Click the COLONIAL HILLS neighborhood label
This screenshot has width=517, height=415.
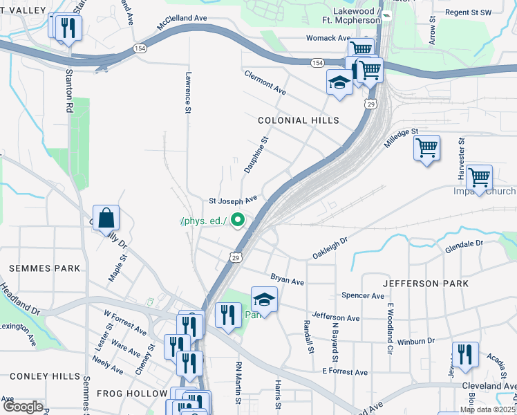[x=298, y=120]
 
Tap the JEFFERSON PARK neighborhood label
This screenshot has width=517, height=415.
[x=425, y=284]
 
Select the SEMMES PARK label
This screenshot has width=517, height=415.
[x=44, y=268]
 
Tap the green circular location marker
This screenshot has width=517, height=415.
[x=238, y=221]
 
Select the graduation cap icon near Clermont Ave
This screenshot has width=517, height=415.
[x=339, y=83]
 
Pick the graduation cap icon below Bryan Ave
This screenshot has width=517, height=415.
[x=263, y=299]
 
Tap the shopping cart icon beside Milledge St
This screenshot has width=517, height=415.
[x=426, y=147]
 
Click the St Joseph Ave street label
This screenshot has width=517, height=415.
[x=233, y=200]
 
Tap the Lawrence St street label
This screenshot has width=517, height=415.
[x=187, y=92]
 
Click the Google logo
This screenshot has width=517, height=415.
[x=22, y=407]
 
